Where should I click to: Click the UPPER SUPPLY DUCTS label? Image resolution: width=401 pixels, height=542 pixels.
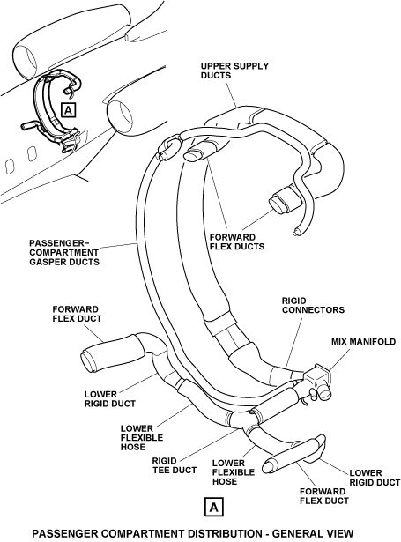click(x=234, y=71)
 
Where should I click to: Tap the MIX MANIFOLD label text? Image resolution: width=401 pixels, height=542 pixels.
click(x=363, y=342)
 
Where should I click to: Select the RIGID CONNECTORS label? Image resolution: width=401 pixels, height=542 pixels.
click(x=313, y=305)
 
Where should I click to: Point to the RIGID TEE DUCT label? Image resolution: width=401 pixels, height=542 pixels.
click(x=175, y=465)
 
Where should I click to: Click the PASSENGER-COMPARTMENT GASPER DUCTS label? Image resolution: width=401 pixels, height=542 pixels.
click(x=64, y=253)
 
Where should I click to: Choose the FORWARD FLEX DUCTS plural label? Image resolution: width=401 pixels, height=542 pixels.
click(x=237, y=242)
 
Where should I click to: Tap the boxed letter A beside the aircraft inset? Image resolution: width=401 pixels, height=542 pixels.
click(x=69, y=111)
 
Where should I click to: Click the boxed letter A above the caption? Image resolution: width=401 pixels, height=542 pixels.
click(x=214, y=508)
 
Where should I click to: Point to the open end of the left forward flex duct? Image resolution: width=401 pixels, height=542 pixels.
click(x=88, y=362)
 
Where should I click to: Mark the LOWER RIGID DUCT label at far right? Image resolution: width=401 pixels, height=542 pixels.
click(x=375, y=478)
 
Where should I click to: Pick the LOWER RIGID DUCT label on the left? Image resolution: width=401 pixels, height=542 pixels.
click(x=110, y=399)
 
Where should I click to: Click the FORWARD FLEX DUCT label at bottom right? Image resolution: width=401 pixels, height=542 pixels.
click(x=324, y=496)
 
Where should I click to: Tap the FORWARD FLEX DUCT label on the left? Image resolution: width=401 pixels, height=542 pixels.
click(x=77, y=314)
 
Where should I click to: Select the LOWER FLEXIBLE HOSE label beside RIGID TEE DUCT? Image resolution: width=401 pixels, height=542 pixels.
click(x=234, y=472)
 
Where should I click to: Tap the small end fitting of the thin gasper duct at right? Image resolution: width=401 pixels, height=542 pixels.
click(x=296, y=233)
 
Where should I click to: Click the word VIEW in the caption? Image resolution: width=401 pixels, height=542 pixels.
click(x=339, y=533)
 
